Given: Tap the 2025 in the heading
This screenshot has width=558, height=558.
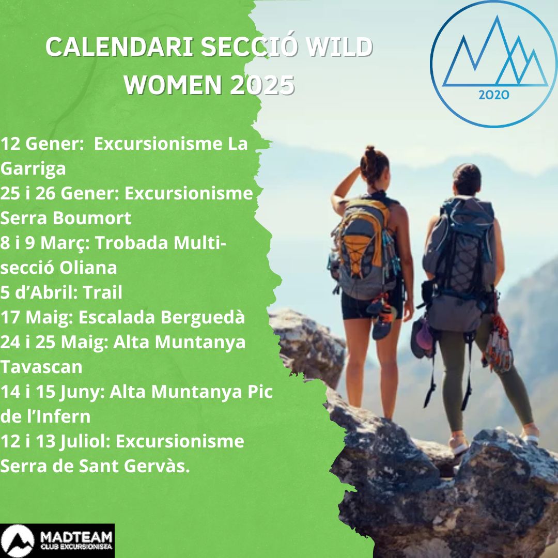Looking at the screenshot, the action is [262, 85].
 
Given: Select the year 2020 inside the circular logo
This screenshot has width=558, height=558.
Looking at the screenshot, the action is [493, 95].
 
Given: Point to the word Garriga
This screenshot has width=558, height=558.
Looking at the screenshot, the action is [33, 169].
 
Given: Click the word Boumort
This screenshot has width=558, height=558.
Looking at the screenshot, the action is [92, 218].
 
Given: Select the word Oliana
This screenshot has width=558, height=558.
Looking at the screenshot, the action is [88, 267].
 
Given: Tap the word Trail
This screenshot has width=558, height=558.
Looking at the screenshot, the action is [102, 292].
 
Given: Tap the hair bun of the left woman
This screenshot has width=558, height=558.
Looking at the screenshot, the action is [370, 152].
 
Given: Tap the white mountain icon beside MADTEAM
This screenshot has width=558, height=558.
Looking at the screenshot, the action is [18, 540].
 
